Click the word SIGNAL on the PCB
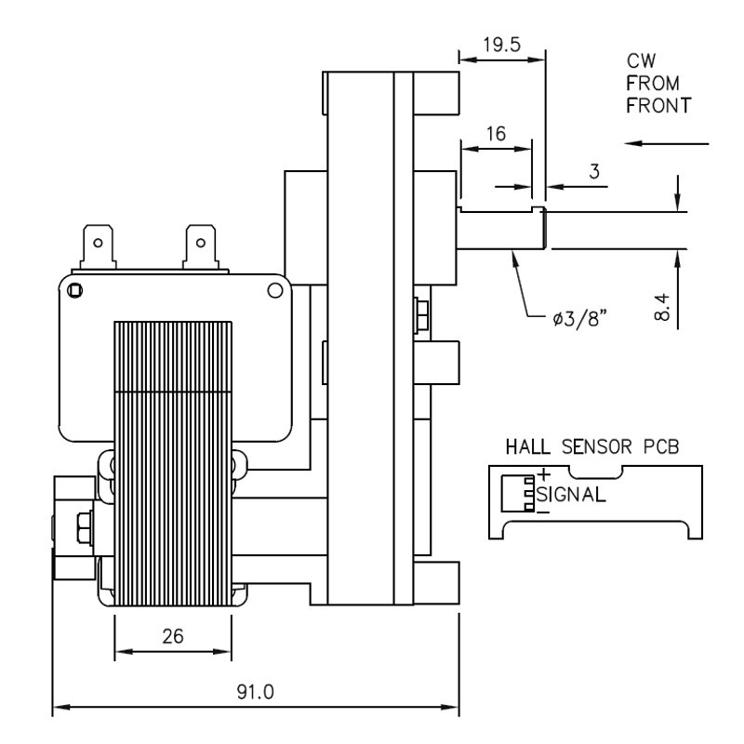click(x=571, y=494)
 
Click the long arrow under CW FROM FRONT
click(x=666, y=144)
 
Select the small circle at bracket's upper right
click(x=274, y=290)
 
